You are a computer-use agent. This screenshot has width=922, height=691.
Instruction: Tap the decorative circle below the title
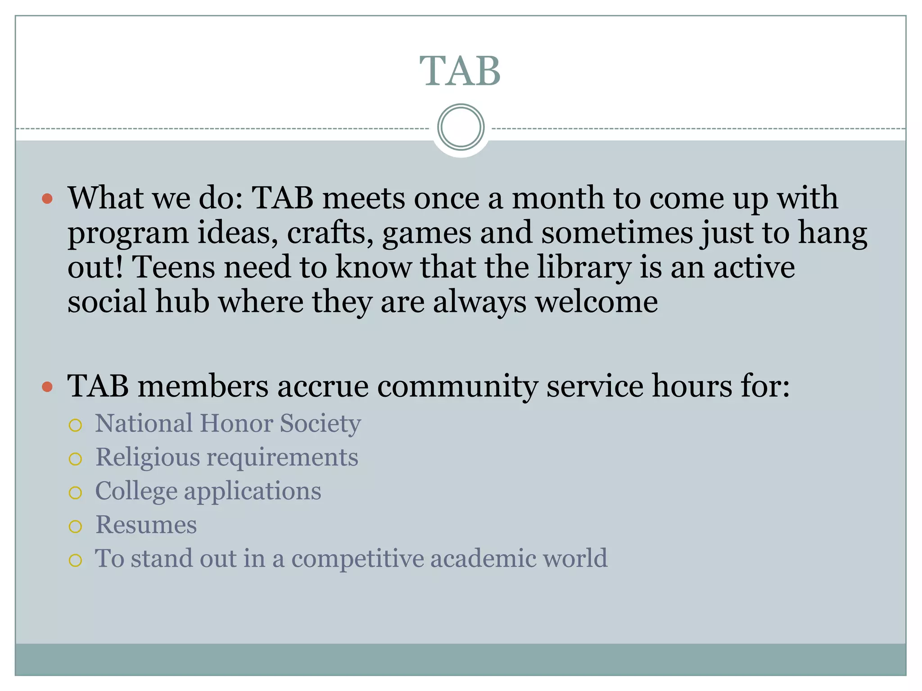click(x=461, y=127)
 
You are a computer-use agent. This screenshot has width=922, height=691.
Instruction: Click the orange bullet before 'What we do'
click(x=47, y=198)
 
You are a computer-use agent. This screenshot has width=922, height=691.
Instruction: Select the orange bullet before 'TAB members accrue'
click(x=47, y=386)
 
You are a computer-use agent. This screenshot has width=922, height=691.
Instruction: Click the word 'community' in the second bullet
click(x=457, y=387)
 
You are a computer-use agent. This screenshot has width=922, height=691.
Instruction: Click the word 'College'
click(x=136, y=491)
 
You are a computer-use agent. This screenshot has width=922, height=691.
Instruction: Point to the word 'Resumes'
click(x=146, y=525)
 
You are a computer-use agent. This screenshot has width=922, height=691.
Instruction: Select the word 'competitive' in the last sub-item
click(x=357, y=559)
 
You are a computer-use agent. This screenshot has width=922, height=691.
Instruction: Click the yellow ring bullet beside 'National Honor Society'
click(x=76, y=425)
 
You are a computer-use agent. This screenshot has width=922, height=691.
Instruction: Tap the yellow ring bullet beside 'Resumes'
click(x=76, y=526)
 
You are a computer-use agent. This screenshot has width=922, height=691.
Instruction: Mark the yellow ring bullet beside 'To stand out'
click(x=76, y=560)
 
